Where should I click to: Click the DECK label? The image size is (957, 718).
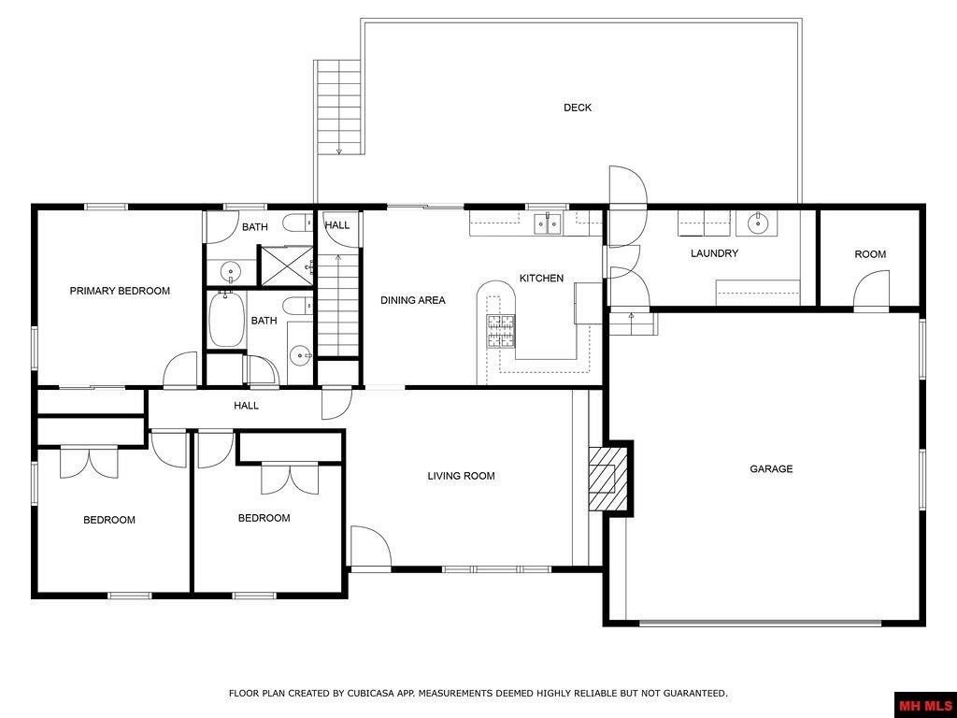[577, 108]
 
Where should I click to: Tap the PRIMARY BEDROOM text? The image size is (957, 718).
[120, 291]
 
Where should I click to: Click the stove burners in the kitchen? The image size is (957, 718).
[500, 332]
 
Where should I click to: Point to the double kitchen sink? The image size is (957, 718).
[548, 223]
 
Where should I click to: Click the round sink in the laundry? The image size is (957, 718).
[757, 223]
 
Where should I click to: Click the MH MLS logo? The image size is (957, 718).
[924, 704]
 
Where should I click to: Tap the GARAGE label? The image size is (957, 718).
[771, 469]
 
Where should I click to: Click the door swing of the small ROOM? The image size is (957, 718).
[873, 290]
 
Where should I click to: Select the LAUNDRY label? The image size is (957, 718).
[714, 253]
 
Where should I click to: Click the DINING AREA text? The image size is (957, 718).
[412, 300]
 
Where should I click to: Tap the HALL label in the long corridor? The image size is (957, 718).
[246, 406]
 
